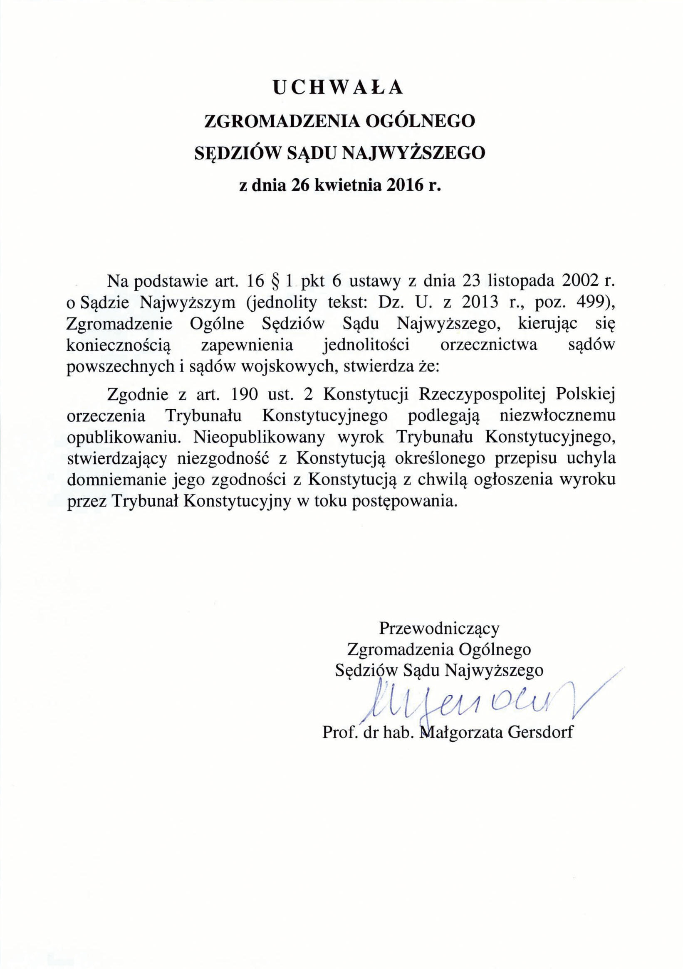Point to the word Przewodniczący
tap(439, 628)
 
